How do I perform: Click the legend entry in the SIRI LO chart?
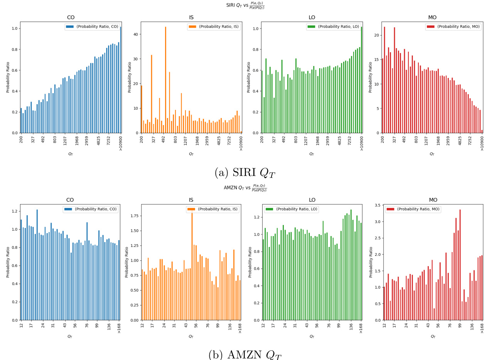[x=334, y=27]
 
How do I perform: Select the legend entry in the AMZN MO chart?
[x=413, y=209]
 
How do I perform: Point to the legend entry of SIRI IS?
[x=214, y=27]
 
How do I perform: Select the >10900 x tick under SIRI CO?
[x=120, y=143]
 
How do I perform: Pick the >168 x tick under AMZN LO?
[x=361, y=327]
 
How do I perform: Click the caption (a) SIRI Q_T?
[x=244, y=172]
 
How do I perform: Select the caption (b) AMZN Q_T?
[x=244, y=355]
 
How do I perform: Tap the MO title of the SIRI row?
[x=432, y=17]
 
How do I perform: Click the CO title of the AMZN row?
[x=70, y=200]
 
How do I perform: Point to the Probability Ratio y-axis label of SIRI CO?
[x=8, y=77]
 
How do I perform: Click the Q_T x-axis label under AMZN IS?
[x=191, y=336]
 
